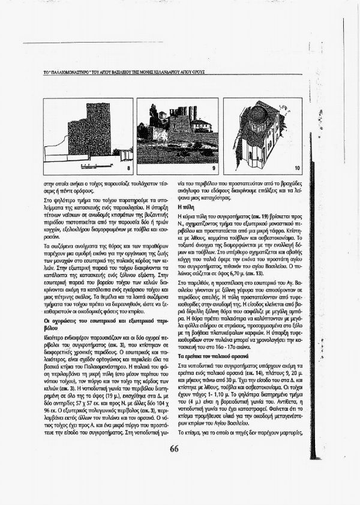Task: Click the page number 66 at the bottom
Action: tap(175, 466)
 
